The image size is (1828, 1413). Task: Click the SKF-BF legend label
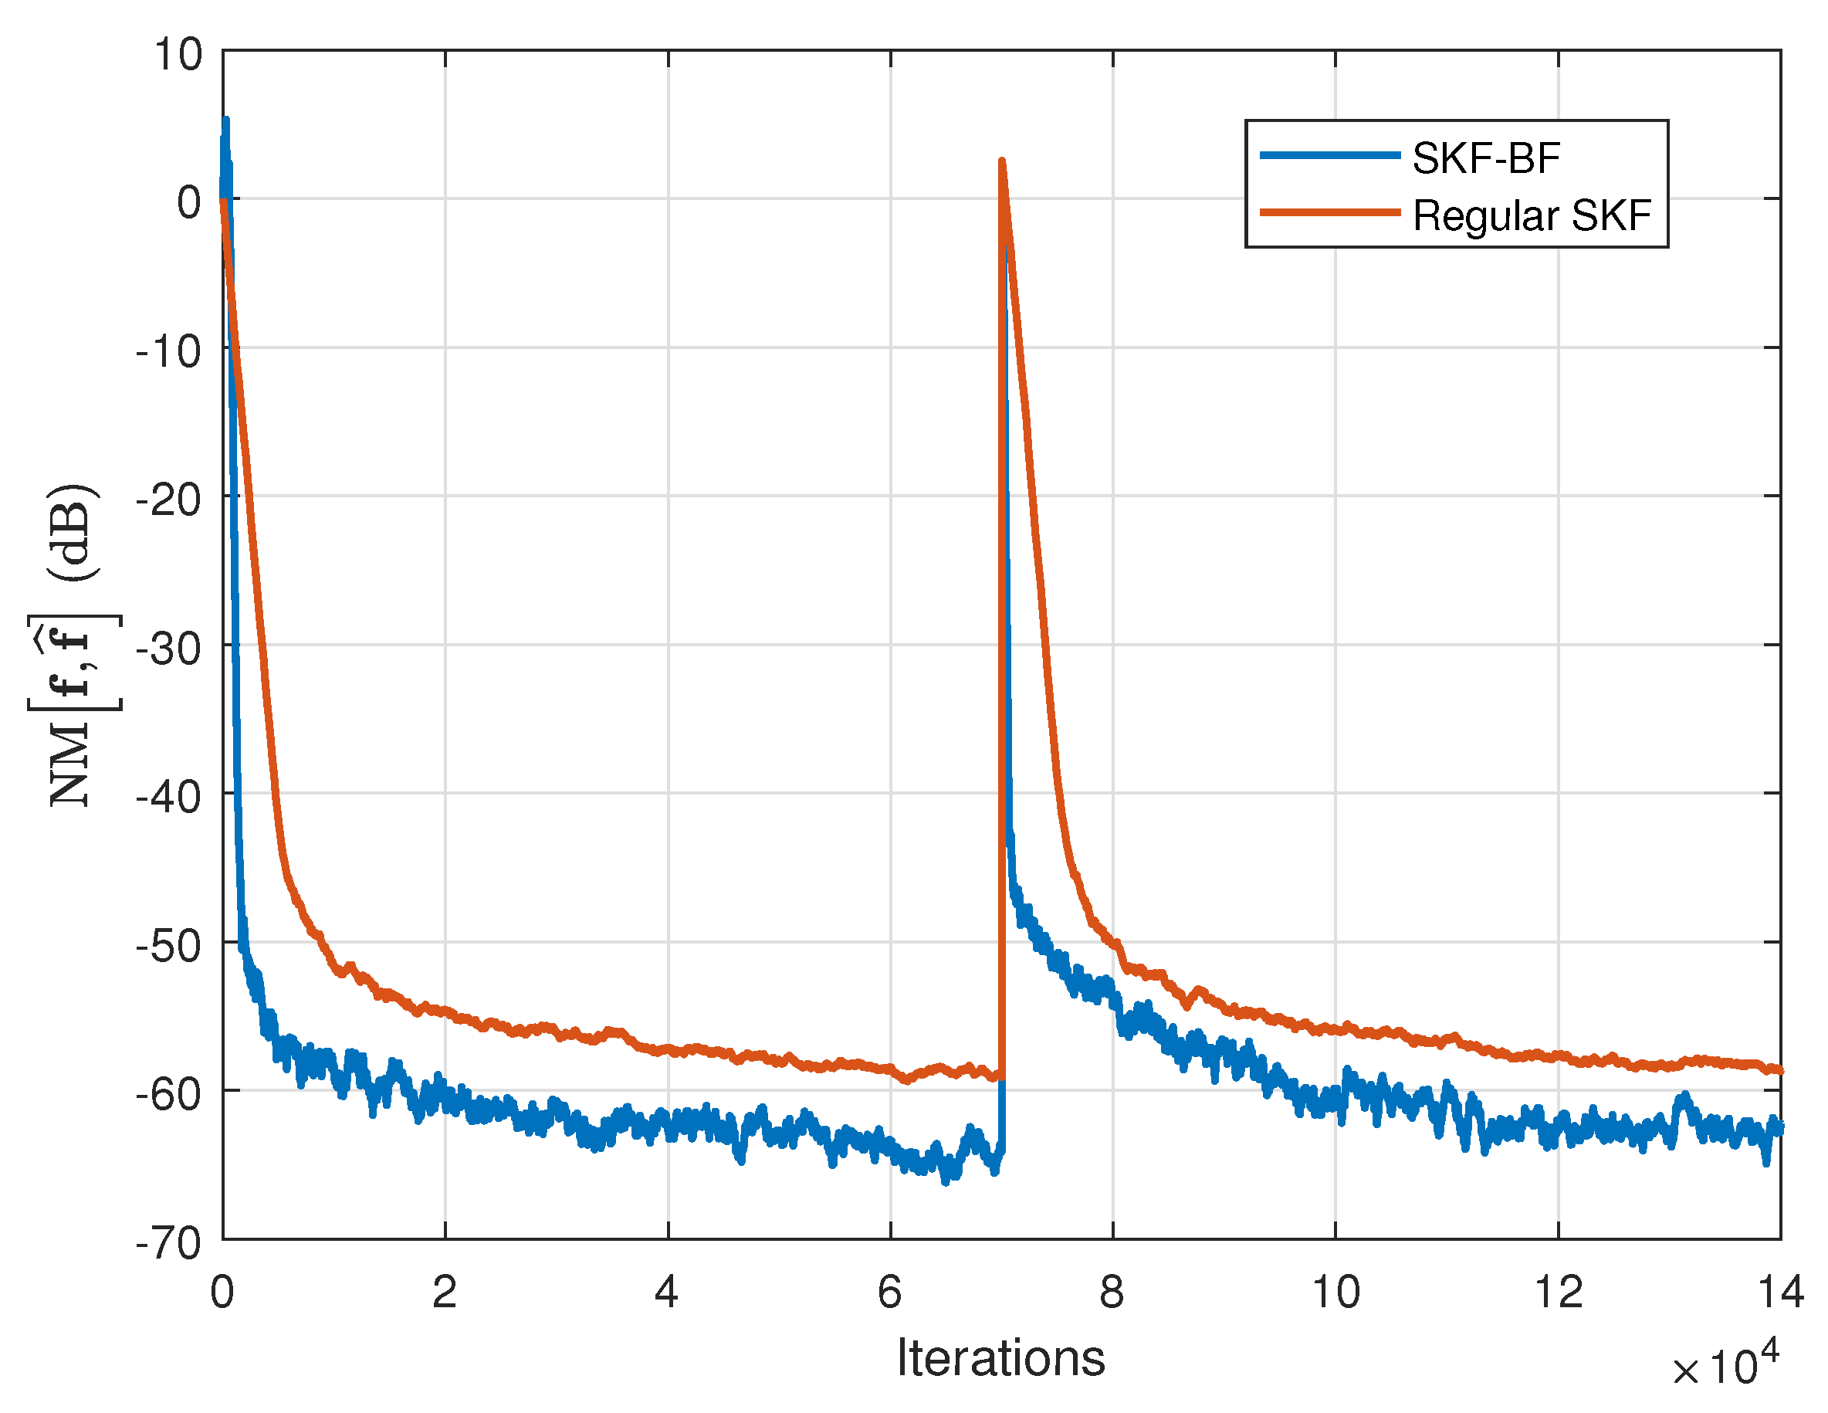tap(1486, 158)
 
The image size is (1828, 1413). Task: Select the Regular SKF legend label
tap(1532, 216)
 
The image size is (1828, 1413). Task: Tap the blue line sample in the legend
tap(1330, 155)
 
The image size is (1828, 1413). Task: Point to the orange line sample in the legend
tap(1330, 212)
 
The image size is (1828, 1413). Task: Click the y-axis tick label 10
tap(178, 56)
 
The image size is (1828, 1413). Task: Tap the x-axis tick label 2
tap(445, 1293)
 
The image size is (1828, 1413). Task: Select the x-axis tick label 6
tap(890, 1293)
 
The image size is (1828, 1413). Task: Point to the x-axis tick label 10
tap(1335, 1293)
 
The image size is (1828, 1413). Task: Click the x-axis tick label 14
tap(1779, 1293)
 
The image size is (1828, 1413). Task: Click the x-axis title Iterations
tap(1001, 1357)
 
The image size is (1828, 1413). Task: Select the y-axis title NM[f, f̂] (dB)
tap(73, 645)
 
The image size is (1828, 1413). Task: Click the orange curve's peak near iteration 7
tap(1002, 161)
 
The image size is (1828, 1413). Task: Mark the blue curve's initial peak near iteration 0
tap(226, 120)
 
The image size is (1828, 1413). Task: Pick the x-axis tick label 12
tap(1558, 1293)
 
